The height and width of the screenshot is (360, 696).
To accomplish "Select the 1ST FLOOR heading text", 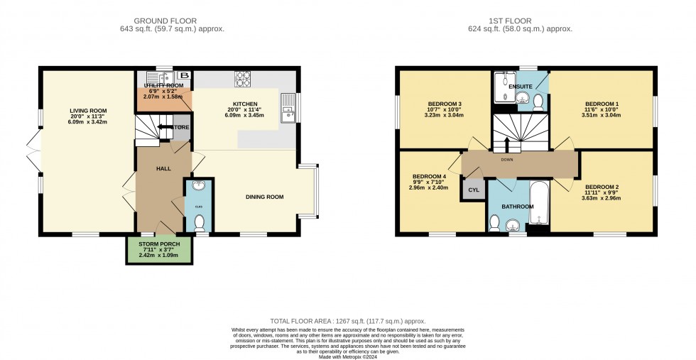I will pyautogui.click(x=526, y=21).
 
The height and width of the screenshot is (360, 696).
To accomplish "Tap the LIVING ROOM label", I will pyautogui.click(x=88, y=110).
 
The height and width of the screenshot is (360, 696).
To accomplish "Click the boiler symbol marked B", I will pyautogui.click(x=184, y=75).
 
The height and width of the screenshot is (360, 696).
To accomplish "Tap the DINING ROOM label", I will pyautogui.click(x=264, y=197).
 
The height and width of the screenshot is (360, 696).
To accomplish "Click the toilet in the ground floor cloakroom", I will pyautogui.click(x=200, y=223).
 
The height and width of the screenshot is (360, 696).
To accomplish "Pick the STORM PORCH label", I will pyautogui.click(x=159, y=244).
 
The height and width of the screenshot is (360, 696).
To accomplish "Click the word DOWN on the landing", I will pyautogui.click(x=506, y=160).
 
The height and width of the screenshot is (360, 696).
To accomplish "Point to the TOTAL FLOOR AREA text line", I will pyautogui.click(x=348, y=321).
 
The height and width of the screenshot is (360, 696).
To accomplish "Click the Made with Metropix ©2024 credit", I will pyautogui.click(x=348, y=356).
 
